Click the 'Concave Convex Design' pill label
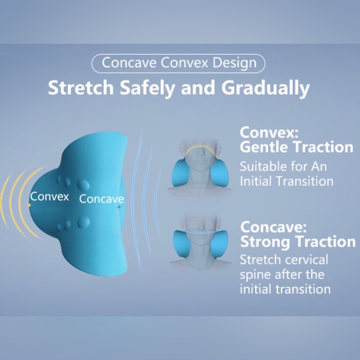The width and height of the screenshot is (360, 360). [x=178, y=63]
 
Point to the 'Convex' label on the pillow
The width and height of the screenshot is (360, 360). [x=50, y=197]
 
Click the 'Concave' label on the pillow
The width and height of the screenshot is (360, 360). [x=101, y=199]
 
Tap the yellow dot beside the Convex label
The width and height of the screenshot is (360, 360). [x=29, y=205]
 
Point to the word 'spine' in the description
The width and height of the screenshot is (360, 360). [x=255, y=274]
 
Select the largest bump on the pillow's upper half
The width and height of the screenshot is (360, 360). [x=83, y=184]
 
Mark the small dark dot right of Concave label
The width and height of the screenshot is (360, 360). [x=120, y=207]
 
